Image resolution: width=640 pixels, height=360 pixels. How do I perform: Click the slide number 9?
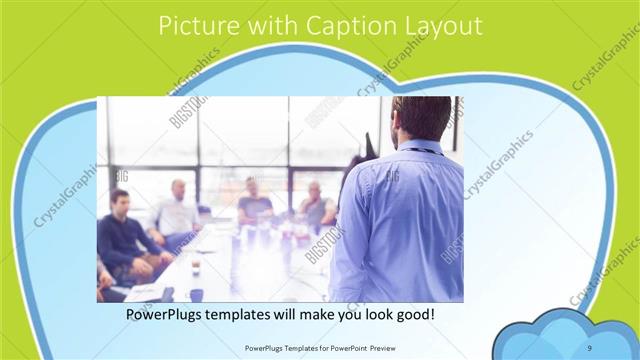tap(590, 346)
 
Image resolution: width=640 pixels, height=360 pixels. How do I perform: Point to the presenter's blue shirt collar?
tap(420, 147)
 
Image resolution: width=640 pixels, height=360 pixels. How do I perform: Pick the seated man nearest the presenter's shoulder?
tap(316, 205)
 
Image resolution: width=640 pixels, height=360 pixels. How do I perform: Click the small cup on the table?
tap(195, 265)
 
